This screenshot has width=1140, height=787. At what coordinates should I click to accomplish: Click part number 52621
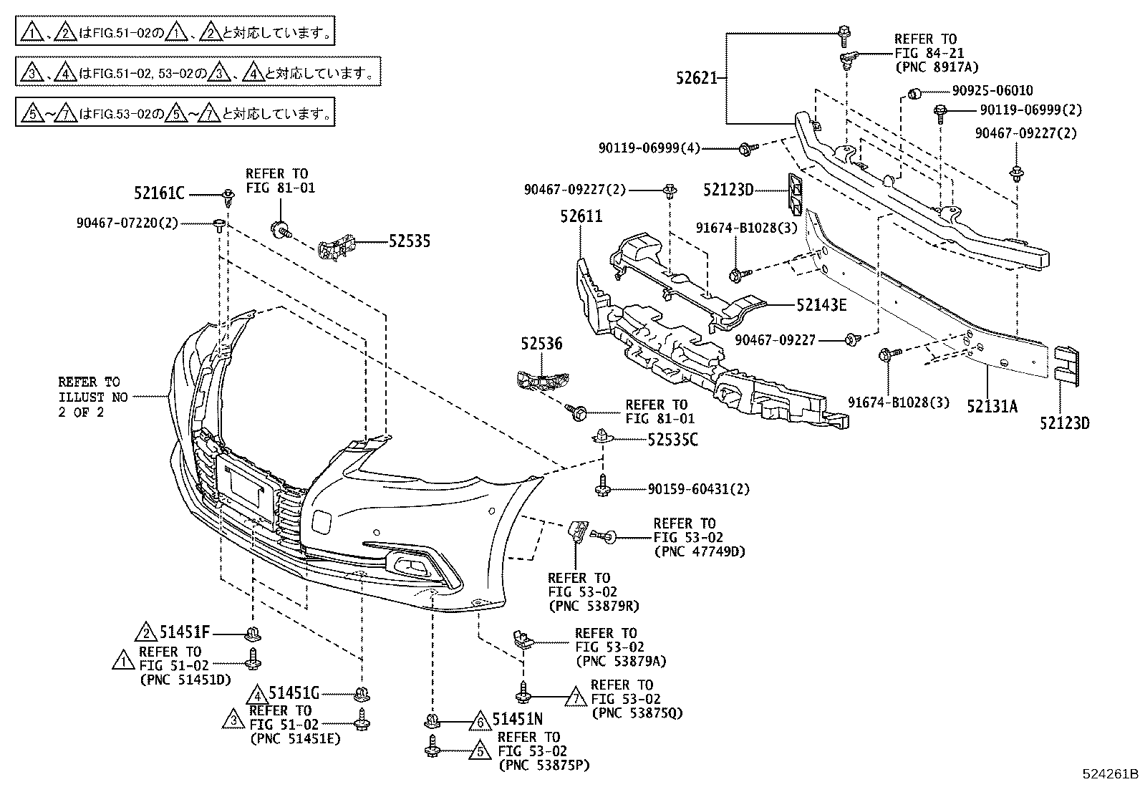point(697,78)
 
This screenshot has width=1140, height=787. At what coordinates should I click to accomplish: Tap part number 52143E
point(821,305)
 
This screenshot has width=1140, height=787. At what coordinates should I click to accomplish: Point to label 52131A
point(992,406)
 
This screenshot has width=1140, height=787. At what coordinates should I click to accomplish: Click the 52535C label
point(672,439)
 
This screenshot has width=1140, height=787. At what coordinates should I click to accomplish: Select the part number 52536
point(541,344)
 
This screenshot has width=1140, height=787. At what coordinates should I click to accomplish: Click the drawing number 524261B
point(1109,774)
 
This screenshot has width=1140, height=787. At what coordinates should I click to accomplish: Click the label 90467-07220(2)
point(127,223)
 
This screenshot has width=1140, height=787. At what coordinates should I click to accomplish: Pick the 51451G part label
point(293,692)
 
